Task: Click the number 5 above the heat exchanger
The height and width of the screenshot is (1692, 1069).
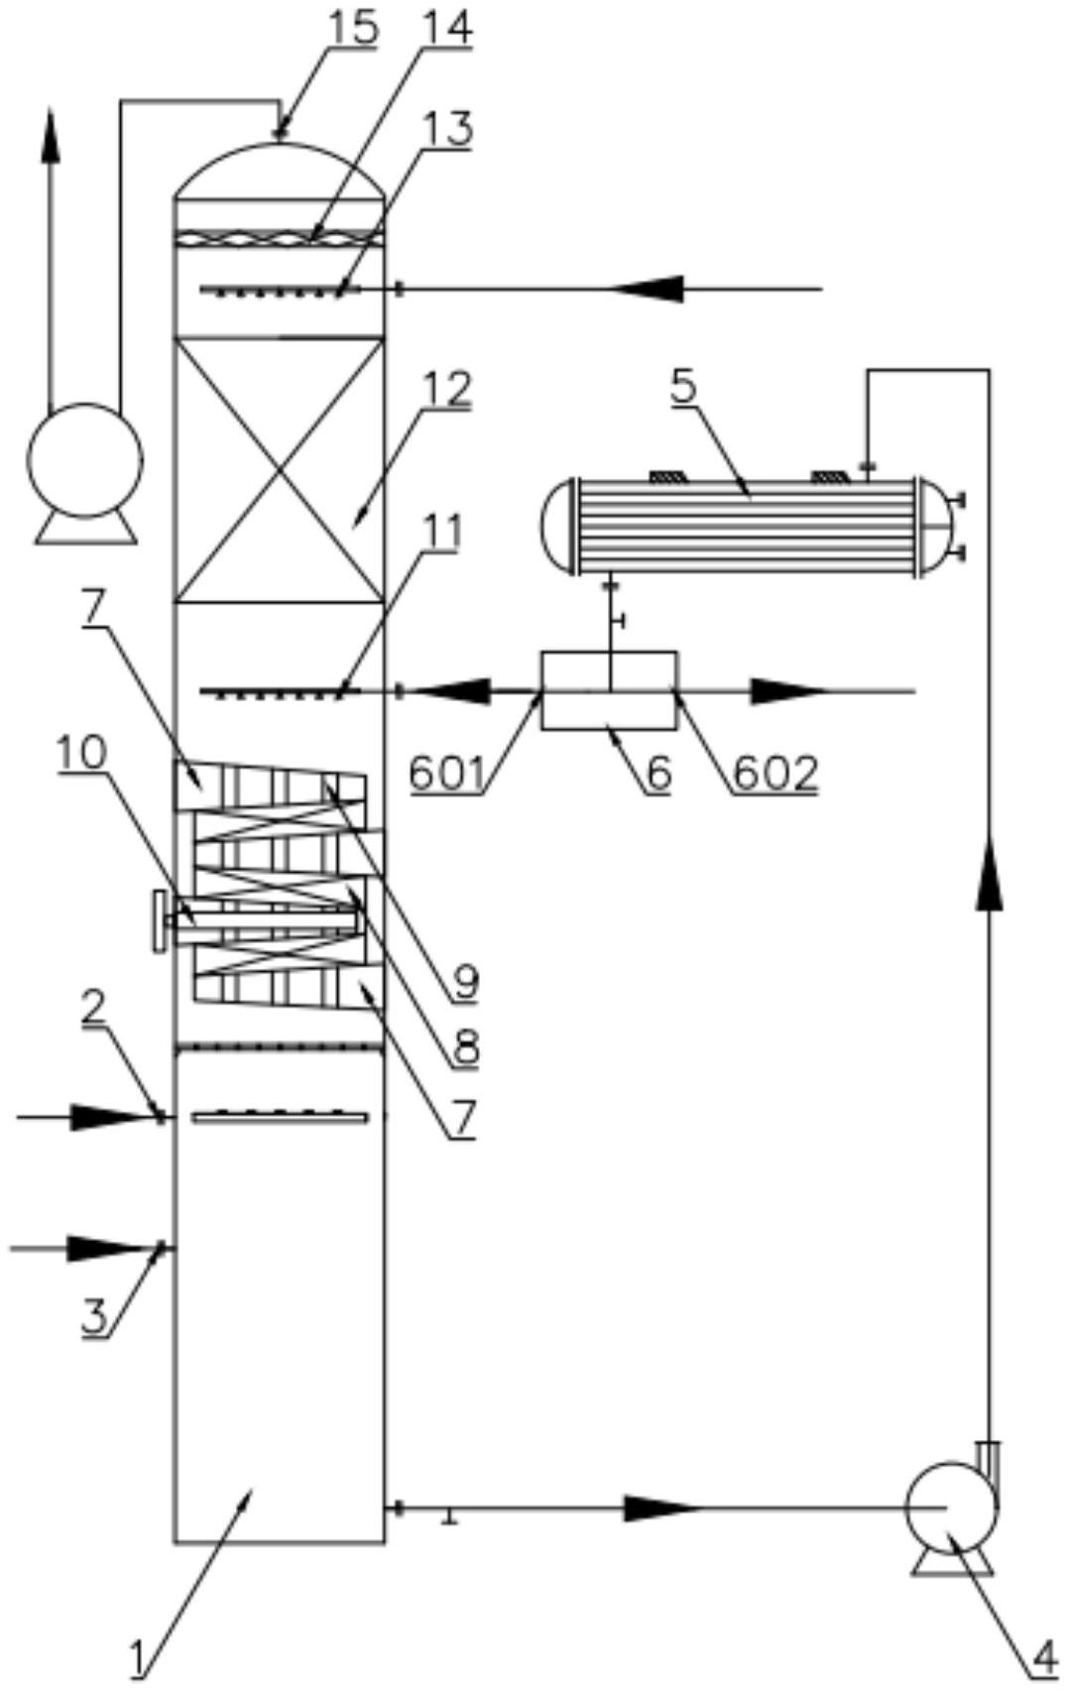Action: [684, 388]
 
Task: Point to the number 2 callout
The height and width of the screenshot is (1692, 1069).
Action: [93, 1011]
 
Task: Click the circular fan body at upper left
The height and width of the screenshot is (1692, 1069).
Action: [84, 460]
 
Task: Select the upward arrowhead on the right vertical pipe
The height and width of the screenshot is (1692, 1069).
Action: [989, 876]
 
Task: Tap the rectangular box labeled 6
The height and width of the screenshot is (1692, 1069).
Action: [609, 691]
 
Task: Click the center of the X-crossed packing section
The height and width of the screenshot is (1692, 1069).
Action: [280, 470]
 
